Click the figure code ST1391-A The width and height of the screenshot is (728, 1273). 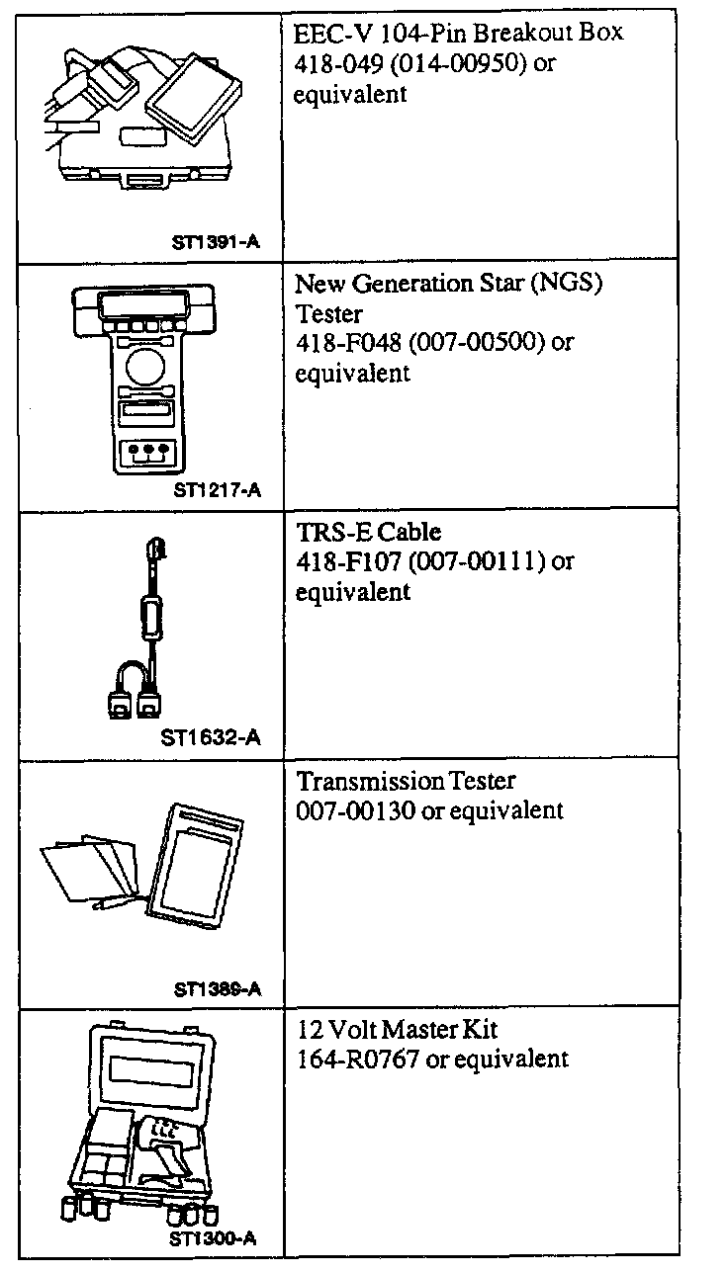[x=216, y=240]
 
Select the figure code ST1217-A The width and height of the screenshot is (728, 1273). [x=217, y=488]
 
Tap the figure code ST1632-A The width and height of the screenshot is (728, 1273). [x=211, y=737]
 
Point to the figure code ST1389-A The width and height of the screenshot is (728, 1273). [x=217, y=988]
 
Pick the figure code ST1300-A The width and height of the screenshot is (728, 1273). [x=211, y=1237]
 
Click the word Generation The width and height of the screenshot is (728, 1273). [x=418, y=284]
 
